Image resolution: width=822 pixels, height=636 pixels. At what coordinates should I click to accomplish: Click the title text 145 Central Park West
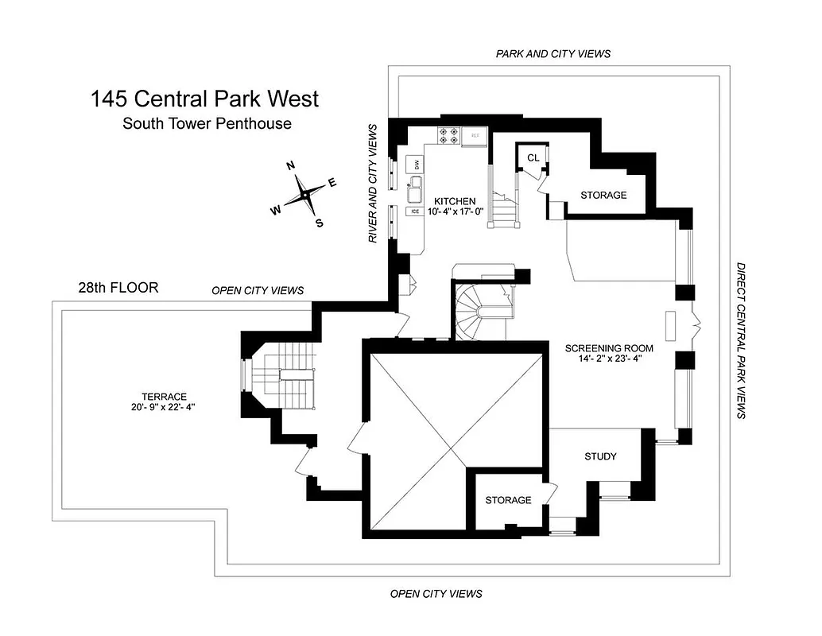[x=205, y=99]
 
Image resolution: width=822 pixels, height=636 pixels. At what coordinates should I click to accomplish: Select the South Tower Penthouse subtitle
[x=206, y=123]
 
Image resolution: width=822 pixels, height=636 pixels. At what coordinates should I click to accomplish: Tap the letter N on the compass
[x=291, y=165]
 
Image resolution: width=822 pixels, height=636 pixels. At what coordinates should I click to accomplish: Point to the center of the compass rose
[x=304, y=196]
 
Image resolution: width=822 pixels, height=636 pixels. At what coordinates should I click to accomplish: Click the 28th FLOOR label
[x=118, y=288]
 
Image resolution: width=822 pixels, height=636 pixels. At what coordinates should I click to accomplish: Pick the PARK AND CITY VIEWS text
[x=553, y=53]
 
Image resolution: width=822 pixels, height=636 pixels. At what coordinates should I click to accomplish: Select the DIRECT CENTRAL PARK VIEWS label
[x=741, y=341]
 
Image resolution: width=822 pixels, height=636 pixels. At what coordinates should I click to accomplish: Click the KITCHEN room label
[x=455, y=201]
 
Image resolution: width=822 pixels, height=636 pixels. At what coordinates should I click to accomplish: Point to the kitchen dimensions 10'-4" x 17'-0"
[x=455, y=212]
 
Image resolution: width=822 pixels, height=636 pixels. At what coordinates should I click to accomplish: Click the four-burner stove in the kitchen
[x=448, y=136]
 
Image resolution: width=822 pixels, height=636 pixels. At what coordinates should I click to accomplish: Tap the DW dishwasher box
[x=415, y=165]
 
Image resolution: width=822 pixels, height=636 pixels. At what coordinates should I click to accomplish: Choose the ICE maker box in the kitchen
[x=414, y=211]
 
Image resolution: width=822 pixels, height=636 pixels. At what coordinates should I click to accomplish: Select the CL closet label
[x=533, y=157]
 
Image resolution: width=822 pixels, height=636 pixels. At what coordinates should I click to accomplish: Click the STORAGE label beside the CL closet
[x=603, y=195]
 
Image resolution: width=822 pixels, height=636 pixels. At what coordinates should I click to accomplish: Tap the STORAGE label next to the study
[x=508, y=500]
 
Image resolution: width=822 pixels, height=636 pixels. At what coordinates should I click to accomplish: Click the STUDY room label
[x=600, y=456]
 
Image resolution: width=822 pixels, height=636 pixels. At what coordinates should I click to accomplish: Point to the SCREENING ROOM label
[x=609, y=348]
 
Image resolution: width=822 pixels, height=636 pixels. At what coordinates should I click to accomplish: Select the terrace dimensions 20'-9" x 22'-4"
[x=165, y=407]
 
